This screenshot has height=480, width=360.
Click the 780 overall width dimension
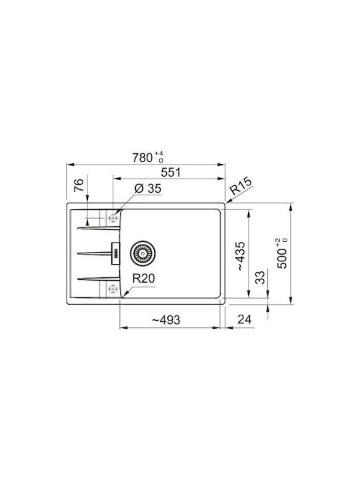click(x=143, y=157)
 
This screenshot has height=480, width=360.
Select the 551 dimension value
click(x=171, y=173)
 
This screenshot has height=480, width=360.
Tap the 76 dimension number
click(x=79, y=185)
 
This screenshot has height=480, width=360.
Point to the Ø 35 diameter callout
click(x=148, y=189)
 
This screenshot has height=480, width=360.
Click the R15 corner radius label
click(x=241, y=186)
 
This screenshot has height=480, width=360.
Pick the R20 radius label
click(x=143, y=279)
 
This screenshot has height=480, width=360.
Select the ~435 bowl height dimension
click(x=241, y=256)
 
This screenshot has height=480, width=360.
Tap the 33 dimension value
click(x=260, y=277)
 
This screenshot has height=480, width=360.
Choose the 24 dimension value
click(x=245, y=319)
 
